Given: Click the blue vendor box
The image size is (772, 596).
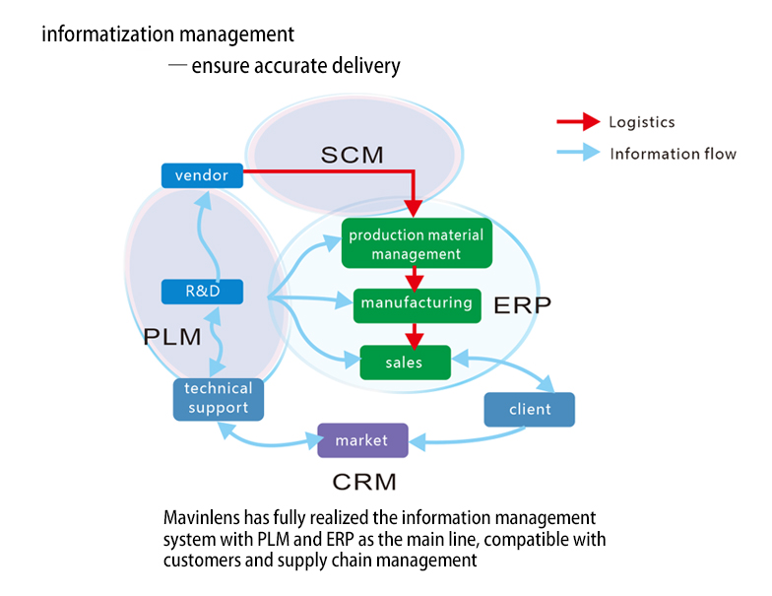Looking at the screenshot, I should [201, 175].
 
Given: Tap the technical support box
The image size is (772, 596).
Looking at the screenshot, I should [218, 398].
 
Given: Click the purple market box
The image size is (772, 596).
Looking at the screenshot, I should [361, 440].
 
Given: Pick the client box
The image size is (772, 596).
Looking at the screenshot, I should [529, 409].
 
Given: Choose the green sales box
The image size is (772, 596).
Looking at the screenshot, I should [404, 363].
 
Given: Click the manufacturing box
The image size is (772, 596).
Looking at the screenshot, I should [417, 303].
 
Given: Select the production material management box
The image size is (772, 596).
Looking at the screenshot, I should [416, 244].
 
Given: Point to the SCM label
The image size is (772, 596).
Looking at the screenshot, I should [352, 155].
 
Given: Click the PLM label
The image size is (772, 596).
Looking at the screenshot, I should [172, 337].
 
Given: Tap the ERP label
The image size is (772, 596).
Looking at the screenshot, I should [521, 303].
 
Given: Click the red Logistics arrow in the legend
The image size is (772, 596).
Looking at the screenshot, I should [578, 122].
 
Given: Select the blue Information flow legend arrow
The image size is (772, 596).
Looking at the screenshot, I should [578, 153].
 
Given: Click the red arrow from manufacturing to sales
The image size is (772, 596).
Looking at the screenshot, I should [417, 335].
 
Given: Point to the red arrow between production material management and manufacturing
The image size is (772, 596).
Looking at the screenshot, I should [417, 278].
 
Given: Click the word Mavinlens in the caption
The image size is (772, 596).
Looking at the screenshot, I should [201, 517].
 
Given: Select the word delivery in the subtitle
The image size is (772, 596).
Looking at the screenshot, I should [366, 67].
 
